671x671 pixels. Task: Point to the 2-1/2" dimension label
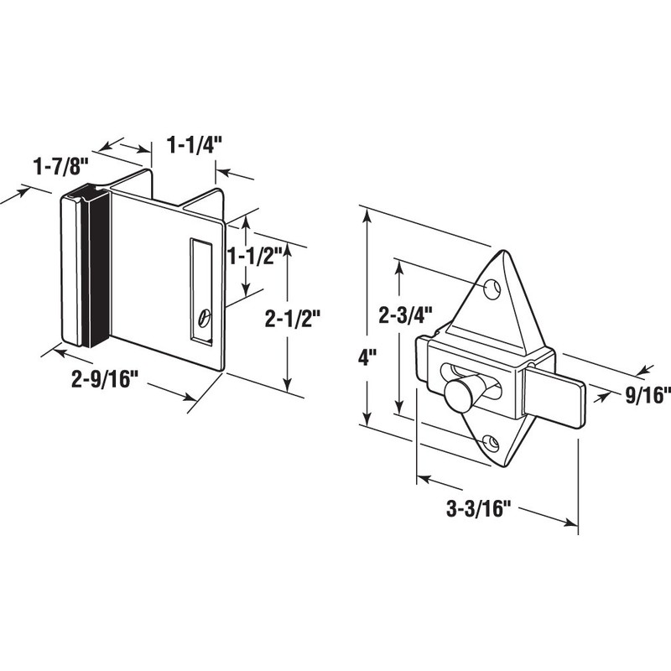coord(293,319)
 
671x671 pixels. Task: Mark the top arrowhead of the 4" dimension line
coord(367,216)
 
